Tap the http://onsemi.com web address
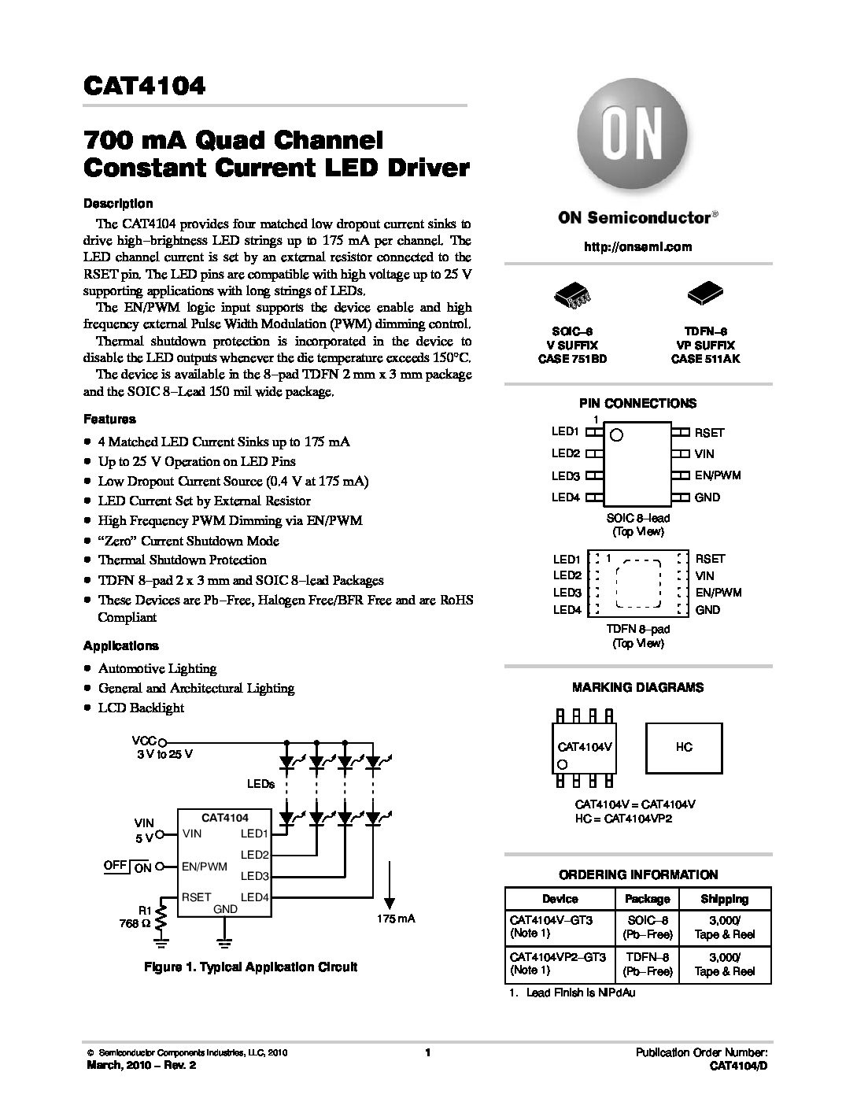pyautogui.click(x=637, y=246)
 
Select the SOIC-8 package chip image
pyautogui.click(x=572, y=296)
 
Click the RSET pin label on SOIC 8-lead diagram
pyautogui.click(x=708, y=433)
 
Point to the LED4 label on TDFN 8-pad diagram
pyautogui.click(x=567, y=610)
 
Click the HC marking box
pyautogui.click(x=683, y=747)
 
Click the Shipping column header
pyautogui.click(x=724, y=899)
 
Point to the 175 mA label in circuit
pyautogui.click(x=395, y=919)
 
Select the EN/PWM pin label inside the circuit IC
pyautogui.click(x=204, y=867)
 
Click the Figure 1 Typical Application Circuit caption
pyautogui.click(x=249, y=967)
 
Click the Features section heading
pyautogui.click(x=109, y=420)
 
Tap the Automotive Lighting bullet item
pyautogui.click(x=157, y=668)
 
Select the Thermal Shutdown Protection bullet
pyautogui.click(x=182, y=560)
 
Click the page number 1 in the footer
pyautogui.click(x=427, y=1053)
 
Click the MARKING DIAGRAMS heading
pyautogui.click(x=637, y=687)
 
